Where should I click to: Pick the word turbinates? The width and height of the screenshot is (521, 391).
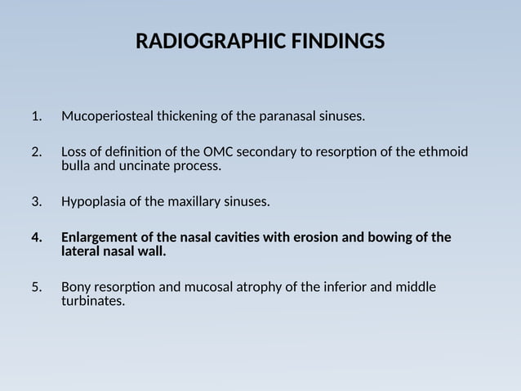click(x=92, y=301)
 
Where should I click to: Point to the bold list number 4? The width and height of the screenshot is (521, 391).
click(x=36, y=238)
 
